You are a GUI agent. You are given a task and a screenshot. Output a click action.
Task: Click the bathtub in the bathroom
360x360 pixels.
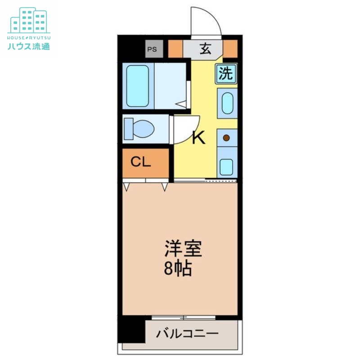(138, 86)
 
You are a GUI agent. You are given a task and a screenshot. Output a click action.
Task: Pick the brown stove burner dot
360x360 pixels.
(227, 138)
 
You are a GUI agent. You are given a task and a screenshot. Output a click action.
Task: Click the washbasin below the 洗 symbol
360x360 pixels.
(227, 103)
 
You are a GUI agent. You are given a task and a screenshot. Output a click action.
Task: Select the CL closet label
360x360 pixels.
(141, 162)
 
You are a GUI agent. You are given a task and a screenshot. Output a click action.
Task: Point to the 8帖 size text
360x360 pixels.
(177, 269)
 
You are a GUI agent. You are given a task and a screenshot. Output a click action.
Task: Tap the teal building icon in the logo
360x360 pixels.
(29, 20)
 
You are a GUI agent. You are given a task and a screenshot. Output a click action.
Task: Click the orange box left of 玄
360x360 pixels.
(176, 49)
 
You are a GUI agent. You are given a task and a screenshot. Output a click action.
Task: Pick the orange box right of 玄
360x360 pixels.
(230, 49)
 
